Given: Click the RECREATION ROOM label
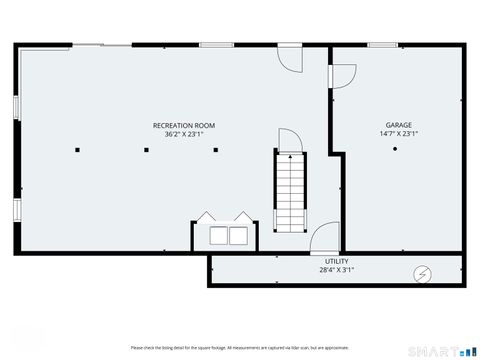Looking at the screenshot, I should pyautogui.click(x=183, y=125).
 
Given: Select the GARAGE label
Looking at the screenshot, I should pyautogui.click(x=398, y=125).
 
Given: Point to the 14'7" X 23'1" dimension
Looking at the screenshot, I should pyautogui.click(x=398, y=133).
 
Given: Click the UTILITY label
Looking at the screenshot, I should pyautogui.click(x=336, y=260).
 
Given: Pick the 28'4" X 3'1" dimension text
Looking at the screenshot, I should pyautogui.click(x=336, y=268).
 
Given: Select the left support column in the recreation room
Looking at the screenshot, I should pyautogui.click(x=77, y=150).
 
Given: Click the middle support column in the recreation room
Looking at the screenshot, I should pyautogui.click(x=146, y=150).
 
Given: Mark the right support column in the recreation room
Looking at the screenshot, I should pyautogui.click(x=215, y=150).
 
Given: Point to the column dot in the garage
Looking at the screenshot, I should pyautogui.click(x=396, y=149).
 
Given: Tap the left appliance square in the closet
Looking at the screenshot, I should pyautogui.click(x=217, y=236).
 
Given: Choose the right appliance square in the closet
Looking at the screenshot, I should pyautogui.click(x=238, y=236).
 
